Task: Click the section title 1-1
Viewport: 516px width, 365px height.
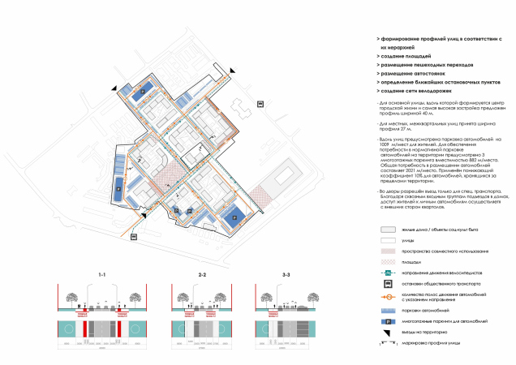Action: click(x=102, y=277)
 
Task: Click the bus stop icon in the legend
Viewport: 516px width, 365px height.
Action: click(x=389, y=284)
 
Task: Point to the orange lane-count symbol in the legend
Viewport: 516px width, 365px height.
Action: click(x=389, y=296)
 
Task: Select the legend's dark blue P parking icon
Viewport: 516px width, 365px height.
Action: click(x=389, y=320)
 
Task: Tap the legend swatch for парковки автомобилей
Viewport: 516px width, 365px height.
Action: click(x=389, y=309)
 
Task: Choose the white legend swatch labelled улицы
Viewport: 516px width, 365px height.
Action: click(x=389, y=241)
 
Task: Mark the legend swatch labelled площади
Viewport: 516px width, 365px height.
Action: click(x=389, y=262)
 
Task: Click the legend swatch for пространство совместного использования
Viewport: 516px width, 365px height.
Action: click(x=389, y=251)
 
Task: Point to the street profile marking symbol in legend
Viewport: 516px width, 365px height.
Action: click(x=389, y=345)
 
